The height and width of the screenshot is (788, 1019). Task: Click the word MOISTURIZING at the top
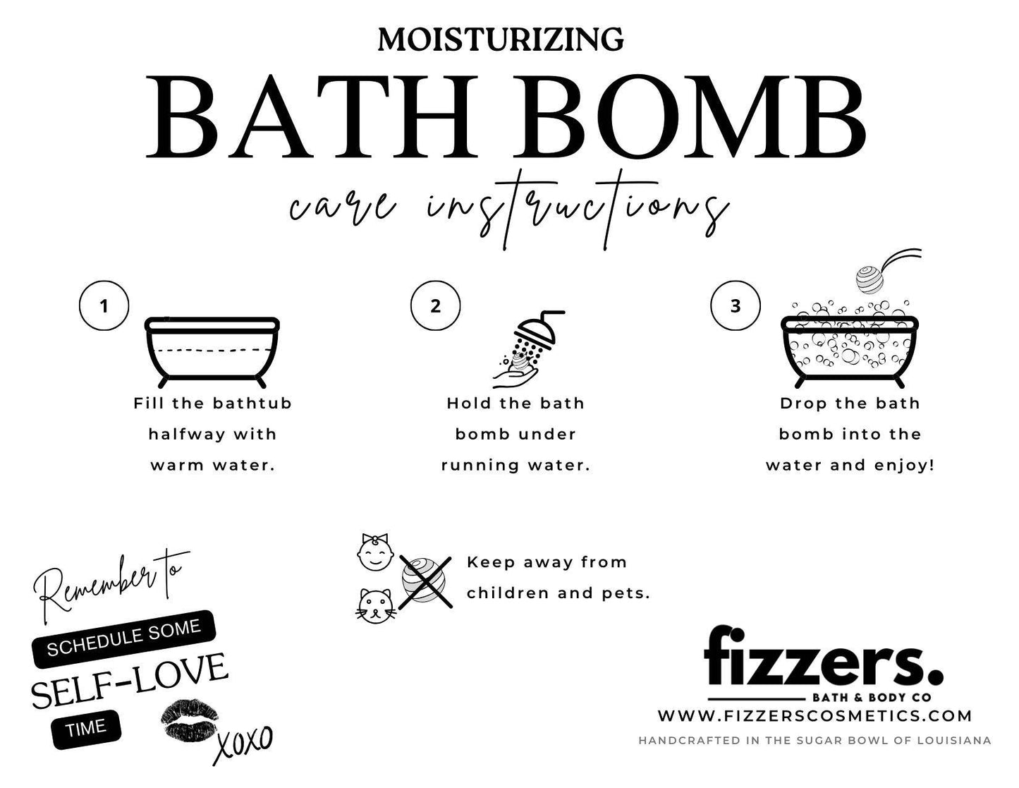500,39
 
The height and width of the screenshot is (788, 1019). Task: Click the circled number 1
104,306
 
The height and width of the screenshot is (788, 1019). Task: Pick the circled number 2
435,306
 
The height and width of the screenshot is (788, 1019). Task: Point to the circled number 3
736,306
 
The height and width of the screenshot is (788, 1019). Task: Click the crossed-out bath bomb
425,581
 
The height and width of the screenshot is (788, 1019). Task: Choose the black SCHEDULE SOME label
124,638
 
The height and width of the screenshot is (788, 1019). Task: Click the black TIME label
86,728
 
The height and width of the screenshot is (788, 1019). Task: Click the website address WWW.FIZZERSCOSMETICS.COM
814,715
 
